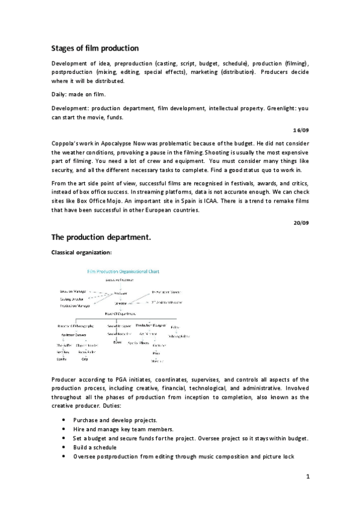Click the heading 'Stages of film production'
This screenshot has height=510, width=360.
point(94,48)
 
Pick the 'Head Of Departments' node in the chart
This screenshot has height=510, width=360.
point(120,313)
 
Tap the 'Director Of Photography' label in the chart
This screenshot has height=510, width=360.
point(72,325)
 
